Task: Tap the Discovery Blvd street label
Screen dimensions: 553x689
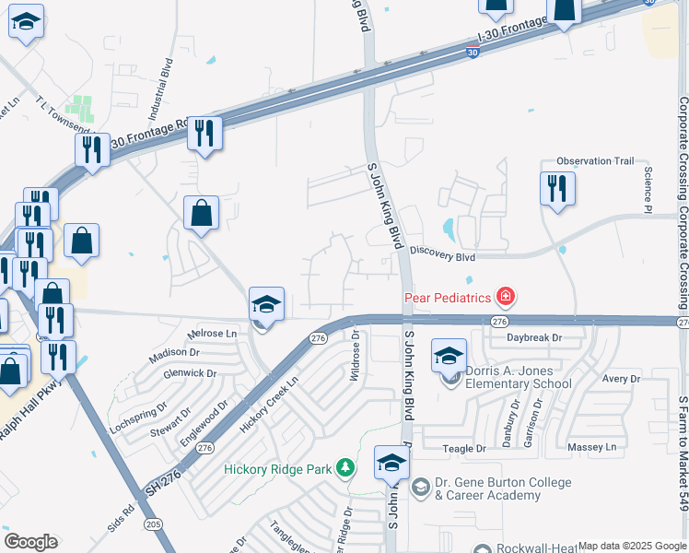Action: (443, 250)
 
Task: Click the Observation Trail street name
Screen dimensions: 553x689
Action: (596, 161)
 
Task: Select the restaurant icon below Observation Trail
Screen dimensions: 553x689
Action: (556, 189)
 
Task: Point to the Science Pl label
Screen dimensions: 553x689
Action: (648, 192)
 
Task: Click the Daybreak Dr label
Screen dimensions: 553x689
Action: (534, 338)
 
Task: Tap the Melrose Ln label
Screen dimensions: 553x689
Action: (211, 332)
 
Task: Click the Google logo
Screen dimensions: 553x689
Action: (30, 542)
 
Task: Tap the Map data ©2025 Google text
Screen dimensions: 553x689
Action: (632, 546)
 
